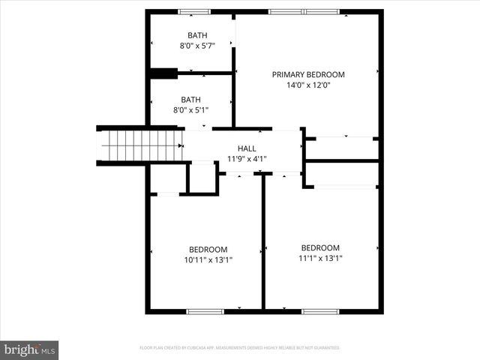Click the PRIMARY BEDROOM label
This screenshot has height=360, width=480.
tap(307, 74)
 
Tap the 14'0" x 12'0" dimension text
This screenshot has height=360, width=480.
tap(307, 85)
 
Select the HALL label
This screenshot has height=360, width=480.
tap(247, 148)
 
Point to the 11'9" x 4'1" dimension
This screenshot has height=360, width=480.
tap(247, 159)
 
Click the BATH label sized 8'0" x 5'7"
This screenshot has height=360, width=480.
tap(197, 35)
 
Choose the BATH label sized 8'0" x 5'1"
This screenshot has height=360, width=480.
tap(190, 99)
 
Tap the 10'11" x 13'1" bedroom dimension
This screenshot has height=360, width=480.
tap(208, 260)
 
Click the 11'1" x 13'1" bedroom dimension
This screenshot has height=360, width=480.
tap(320, 259)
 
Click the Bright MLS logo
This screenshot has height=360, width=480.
tap(29, 349)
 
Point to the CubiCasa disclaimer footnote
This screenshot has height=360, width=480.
tap(240, 348)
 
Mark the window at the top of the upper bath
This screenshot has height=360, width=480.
tap(194, 12)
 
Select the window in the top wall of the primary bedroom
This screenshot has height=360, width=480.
tap(304, 12)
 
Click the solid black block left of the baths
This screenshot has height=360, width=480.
tap(163, 73)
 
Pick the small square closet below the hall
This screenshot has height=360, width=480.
tap(201, 178)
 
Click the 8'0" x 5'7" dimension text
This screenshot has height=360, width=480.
tap(197, 46)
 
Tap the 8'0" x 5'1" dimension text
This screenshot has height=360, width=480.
tap(190, 109)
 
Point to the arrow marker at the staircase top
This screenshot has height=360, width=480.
tap(180, 145)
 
